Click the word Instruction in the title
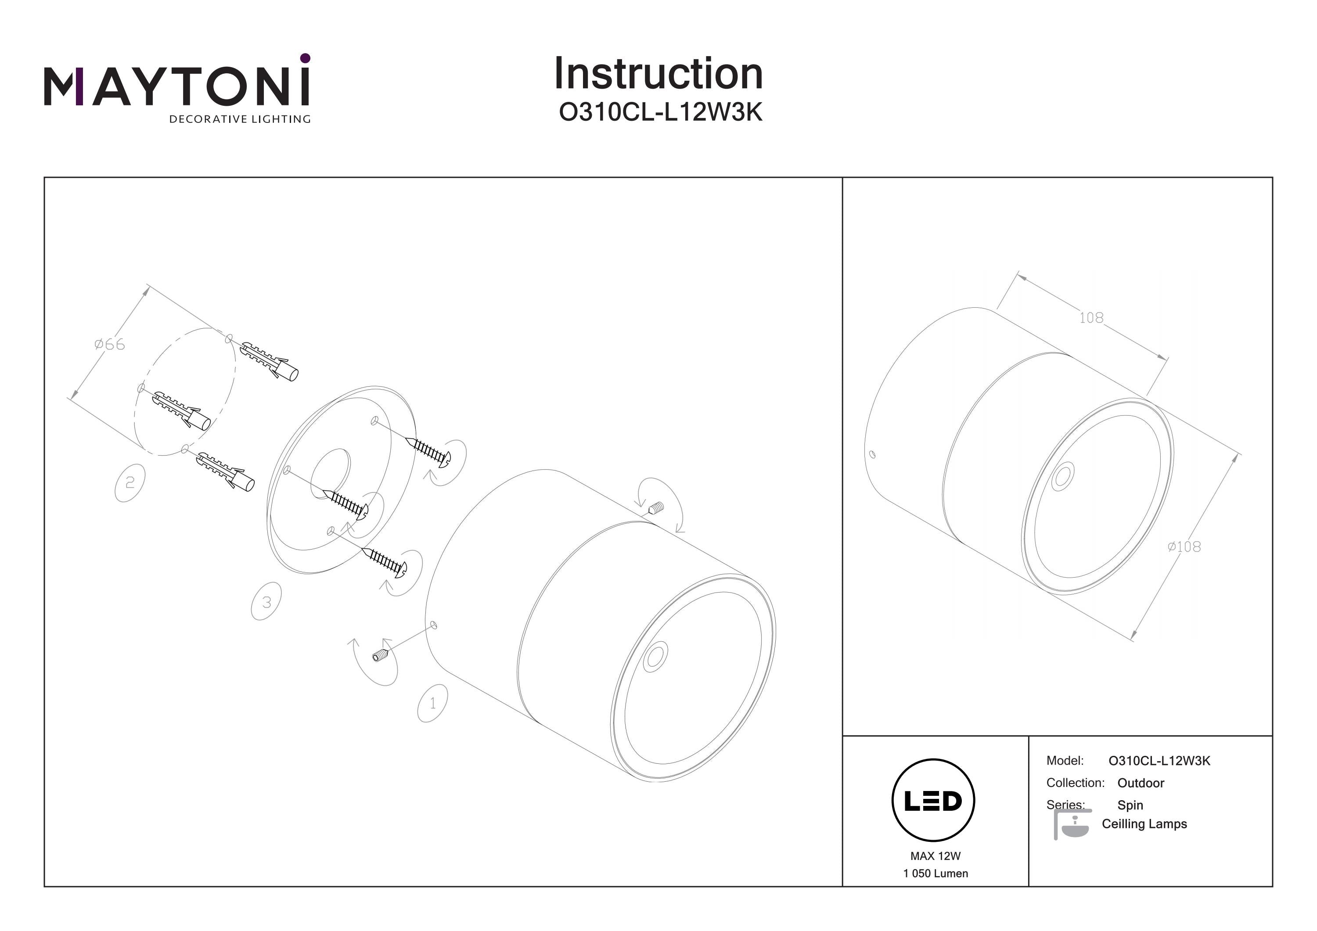658,74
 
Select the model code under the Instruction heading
660,112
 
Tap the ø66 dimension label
110,344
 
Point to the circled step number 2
130,482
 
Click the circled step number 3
266,602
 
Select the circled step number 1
432,703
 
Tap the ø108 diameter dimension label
1184,546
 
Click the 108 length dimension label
1091,317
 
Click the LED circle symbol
933,801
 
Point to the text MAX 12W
935,856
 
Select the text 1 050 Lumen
935,873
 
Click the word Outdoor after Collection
1141,783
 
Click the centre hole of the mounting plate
331,474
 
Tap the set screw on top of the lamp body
657,508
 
